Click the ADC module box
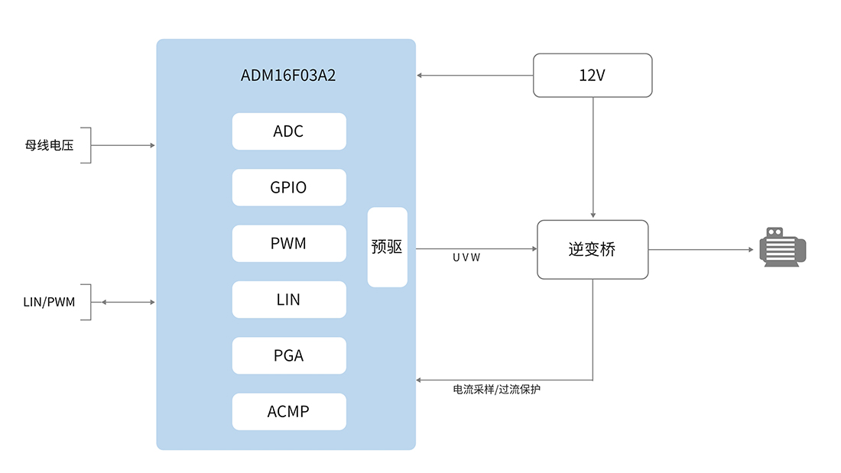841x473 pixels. click(289, 131)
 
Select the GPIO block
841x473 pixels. click(289, 187)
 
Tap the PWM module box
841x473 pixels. click(289, 244)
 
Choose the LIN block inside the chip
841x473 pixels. click(289, 300)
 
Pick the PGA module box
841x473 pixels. click(289, 355)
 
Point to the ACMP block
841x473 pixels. click(289, 411)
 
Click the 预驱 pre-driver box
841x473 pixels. click(387, 248)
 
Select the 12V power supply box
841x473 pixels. click(593, 75)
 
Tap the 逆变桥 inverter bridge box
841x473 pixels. click(593, 249)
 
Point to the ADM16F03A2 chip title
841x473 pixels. click(288, 76)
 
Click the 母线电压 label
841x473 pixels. click(49, 145)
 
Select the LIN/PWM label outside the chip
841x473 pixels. click(49, 303)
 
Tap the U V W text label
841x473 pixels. click(466, 258)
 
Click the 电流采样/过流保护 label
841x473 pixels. click(497, 390)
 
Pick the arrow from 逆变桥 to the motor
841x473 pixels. click(700, 250)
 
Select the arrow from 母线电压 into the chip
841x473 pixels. click(123, 145)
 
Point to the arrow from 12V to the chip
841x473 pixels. click(475, 75)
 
